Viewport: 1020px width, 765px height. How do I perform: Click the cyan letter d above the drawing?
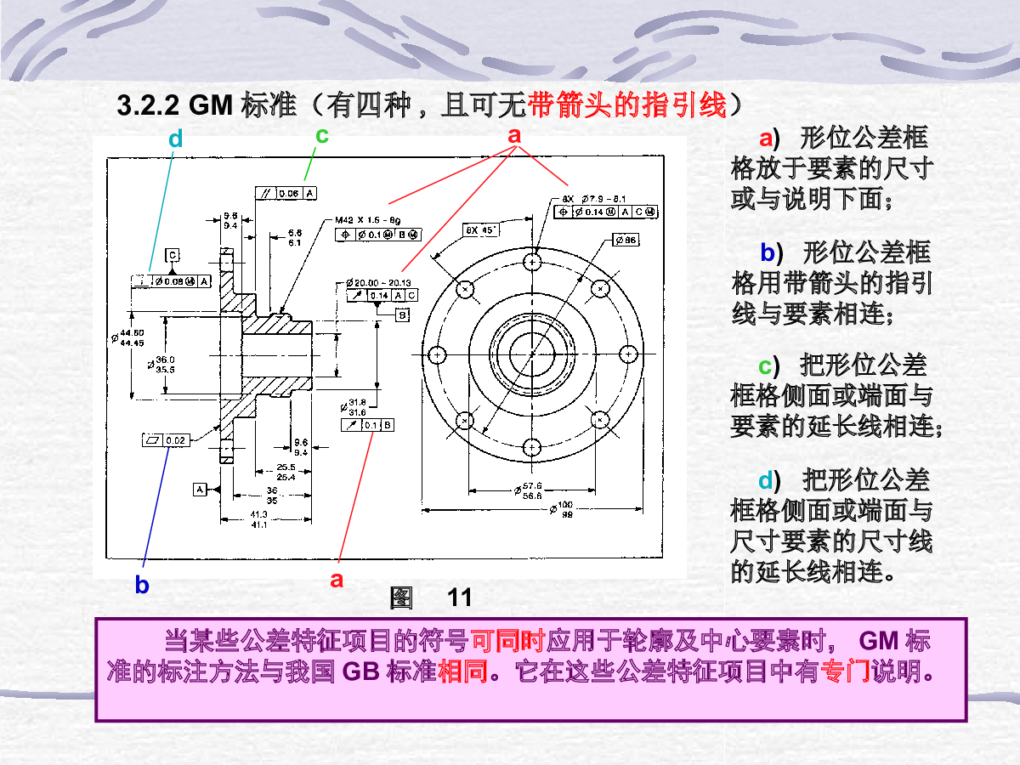[175, 139]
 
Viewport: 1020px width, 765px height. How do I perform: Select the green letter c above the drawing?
[322, 134]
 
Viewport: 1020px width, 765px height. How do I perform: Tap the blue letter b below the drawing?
[142, 585]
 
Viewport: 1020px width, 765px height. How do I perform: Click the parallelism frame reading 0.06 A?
[286, 193]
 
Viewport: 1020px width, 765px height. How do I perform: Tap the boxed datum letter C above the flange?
[173, 254]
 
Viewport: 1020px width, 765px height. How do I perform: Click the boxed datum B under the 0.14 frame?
[402, 314]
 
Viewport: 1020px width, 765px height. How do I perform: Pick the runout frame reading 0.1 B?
[366, 424]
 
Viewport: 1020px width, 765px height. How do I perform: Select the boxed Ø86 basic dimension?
[626, 241]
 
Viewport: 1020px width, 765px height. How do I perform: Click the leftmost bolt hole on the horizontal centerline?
[439, 354]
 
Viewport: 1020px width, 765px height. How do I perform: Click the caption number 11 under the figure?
[460, 598]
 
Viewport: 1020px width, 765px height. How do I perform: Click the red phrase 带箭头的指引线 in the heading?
[628, 106]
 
